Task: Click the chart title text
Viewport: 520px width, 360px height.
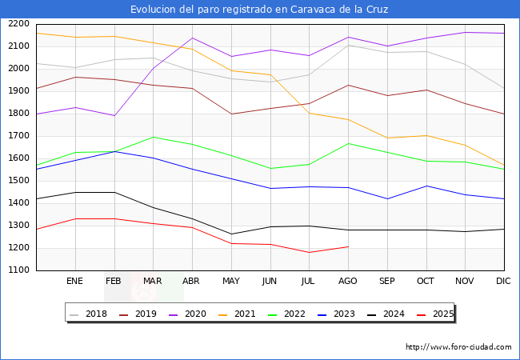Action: [260, 10]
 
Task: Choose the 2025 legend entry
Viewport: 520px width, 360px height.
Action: [441, 314]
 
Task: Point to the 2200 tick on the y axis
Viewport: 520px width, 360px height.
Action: [18, 24]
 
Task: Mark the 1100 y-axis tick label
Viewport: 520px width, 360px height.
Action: [18, 270]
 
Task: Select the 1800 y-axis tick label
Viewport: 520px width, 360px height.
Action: [18, 114]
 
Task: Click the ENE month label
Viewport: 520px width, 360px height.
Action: [74, 282]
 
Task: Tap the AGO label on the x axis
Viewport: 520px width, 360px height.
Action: [348, 282]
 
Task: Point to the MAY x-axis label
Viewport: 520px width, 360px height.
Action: [230, 282]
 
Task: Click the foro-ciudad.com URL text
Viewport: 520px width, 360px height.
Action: [458, 347]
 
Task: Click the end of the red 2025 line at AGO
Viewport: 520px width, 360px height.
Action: [348, 246]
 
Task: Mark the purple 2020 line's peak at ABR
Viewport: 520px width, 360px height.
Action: [192, 38]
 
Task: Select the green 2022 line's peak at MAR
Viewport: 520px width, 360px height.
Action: [153, 137]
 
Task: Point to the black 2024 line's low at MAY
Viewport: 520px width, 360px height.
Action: [230, 234]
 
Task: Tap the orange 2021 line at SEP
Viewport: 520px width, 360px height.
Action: [387, 138]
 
